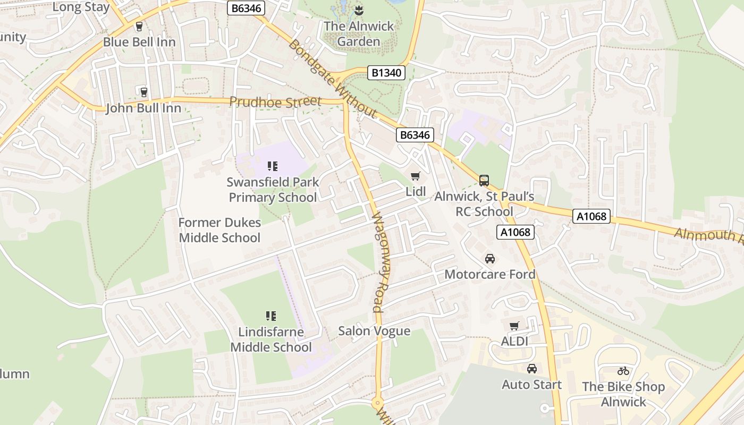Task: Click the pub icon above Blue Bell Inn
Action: [x=139, y=26]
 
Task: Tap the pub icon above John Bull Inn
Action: [x=143, y=92]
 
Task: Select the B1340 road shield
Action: [x=386, y=73]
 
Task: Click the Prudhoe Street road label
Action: [x=275, y=101]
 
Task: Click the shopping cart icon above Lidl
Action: [x=416, y=176]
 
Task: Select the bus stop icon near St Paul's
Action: [x=484, y=180]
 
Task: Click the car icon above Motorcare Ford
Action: [x=489, y=259]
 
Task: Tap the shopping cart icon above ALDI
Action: [x=514, y=326]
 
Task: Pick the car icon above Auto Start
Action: [x=531, y=369]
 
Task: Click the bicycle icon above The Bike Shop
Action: [x=623, y=371]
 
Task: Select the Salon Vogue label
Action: [x=374, y=331]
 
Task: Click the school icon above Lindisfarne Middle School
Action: [x=271, y=316]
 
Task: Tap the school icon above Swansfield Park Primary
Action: [x=273, y=166]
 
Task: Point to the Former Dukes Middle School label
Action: [x=219, y=230]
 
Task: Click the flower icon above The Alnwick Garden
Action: [x=359, y=10]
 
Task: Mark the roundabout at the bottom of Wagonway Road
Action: [x=378, y=402]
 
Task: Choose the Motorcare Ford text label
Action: [x=489, y=274]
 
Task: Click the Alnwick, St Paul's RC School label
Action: [x=484, y=204]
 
